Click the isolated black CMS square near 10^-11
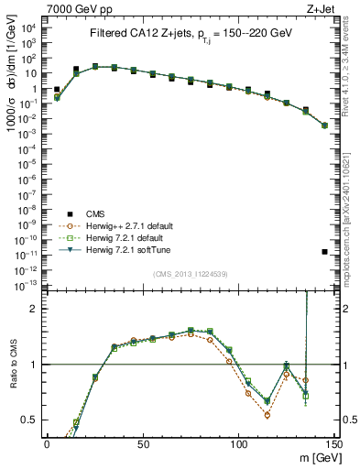tap(324, 252)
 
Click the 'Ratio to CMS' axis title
tap(12, 376)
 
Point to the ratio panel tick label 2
tap(33, 309)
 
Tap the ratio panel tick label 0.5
tap(29, 420)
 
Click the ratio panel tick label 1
tap(33, 365)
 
